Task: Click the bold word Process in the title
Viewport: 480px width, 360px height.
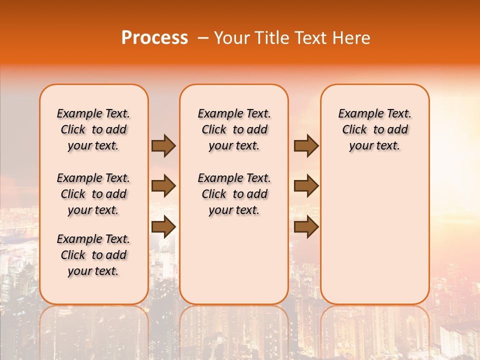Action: click(x=154, y=38)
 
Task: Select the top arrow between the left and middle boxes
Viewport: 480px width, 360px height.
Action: click(x=163, y=145)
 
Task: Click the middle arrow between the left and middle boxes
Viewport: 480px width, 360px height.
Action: click(x=163, y=186)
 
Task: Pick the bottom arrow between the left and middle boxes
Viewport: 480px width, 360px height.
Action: click(x=163, y=227)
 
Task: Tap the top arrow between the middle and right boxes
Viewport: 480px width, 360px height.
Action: click(x=306, y=145)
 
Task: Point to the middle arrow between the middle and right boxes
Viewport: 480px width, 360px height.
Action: click(x=306, y=186)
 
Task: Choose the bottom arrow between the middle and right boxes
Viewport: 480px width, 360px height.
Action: click(x=306, y=227)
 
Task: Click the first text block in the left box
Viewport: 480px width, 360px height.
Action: click(x=93, y=129)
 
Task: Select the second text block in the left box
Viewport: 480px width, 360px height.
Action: click(x=93, y=194)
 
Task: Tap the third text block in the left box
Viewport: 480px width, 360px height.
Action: click(x=93, y=255)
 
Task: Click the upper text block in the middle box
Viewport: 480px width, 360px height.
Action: click(x=234, y=129)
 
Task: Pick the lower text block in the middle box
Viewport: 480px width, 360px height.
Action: click(x=234, y=194)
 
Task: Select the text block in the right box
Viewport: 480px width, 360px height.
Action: click(x=375, y=129)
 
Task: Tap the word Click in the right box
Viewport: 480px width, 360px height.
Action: click(x=354, y=130)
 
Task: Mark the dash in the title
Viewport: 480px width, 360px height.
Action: click(x=203, y=38)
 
